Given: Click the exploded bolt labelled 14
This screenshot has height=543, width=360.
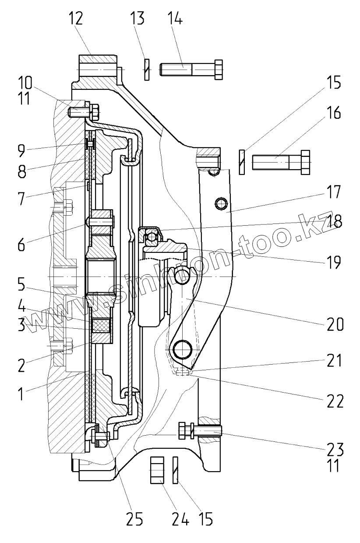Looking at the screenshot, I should (x=191, y=69).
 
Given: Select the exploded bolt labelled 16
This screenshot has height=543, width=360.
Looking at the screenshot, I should (x=281, y=163).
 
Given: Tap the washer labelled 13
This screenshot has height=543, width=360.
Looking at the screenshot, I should (x=147, y=69).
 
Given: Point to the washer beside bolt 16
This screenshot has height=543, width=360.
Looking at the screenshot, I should (x=241, y=163).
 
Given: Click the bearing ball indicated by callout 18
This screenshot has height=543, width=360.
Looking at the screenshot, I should (x=152, y=237).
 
